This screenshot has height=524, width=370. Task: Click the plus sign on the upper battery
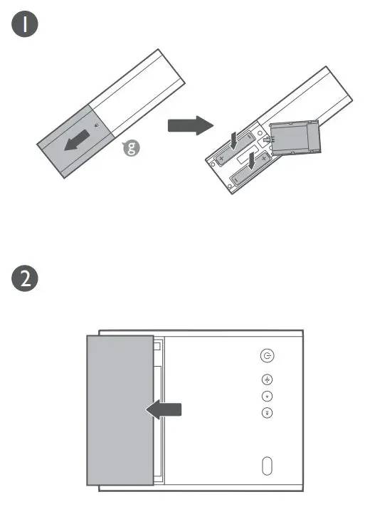(222, 155)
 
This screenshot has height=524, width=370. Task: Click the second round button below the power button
(268, 379)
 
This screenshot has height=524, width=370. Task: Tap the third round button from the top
(268, 397)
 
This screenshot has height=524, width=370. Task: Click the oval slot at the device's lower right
(268, 465)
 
